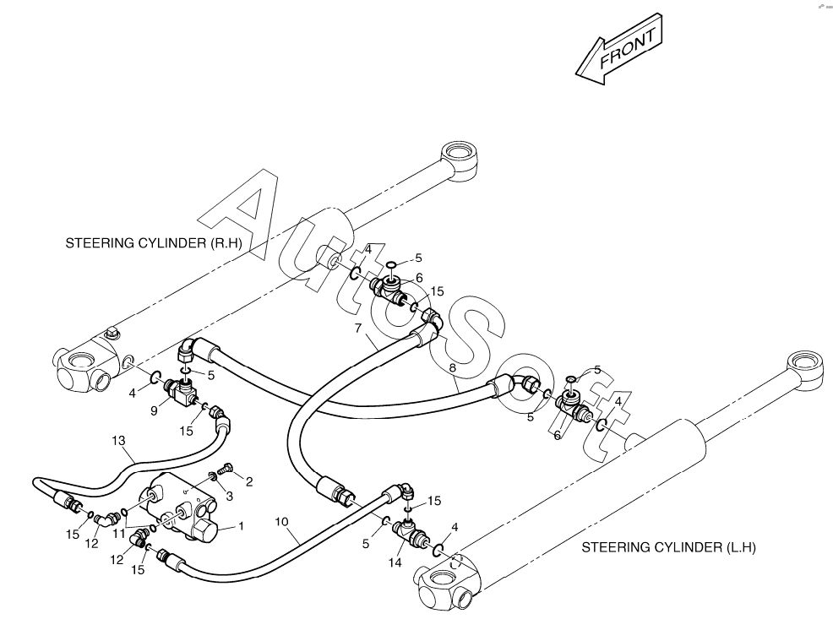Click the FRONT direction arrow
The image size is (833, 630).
[620, 50]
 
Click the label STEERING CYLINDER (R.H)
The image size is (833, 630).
[154, 243]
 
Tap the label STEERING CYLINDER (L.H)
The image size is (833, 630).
[668, 548]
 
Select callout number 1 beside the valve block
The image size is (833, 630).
[241, 526]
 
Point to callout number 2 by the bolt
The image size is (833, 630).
[248, 482]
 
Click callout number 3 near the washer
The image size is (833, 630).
[230, 497]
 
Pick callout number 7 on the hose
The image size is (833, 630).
[358, 328]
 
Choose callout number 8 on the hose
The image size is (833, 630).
[452, 367]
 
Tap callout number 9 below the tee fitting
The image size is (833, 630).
[154, 410]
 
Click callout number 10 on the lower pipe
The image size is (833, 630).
[281, 522]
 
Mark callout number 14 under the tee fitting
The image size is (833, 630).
[395, 562]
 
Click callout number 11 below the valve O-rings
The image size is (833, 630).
[118, 533]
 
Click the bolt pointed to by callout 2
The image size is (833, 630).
[226, 469]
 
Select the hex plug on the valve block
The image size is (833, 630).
[204, 530]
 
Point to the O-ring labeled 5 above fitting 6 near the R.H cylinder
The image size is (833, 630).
[391, 264]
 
